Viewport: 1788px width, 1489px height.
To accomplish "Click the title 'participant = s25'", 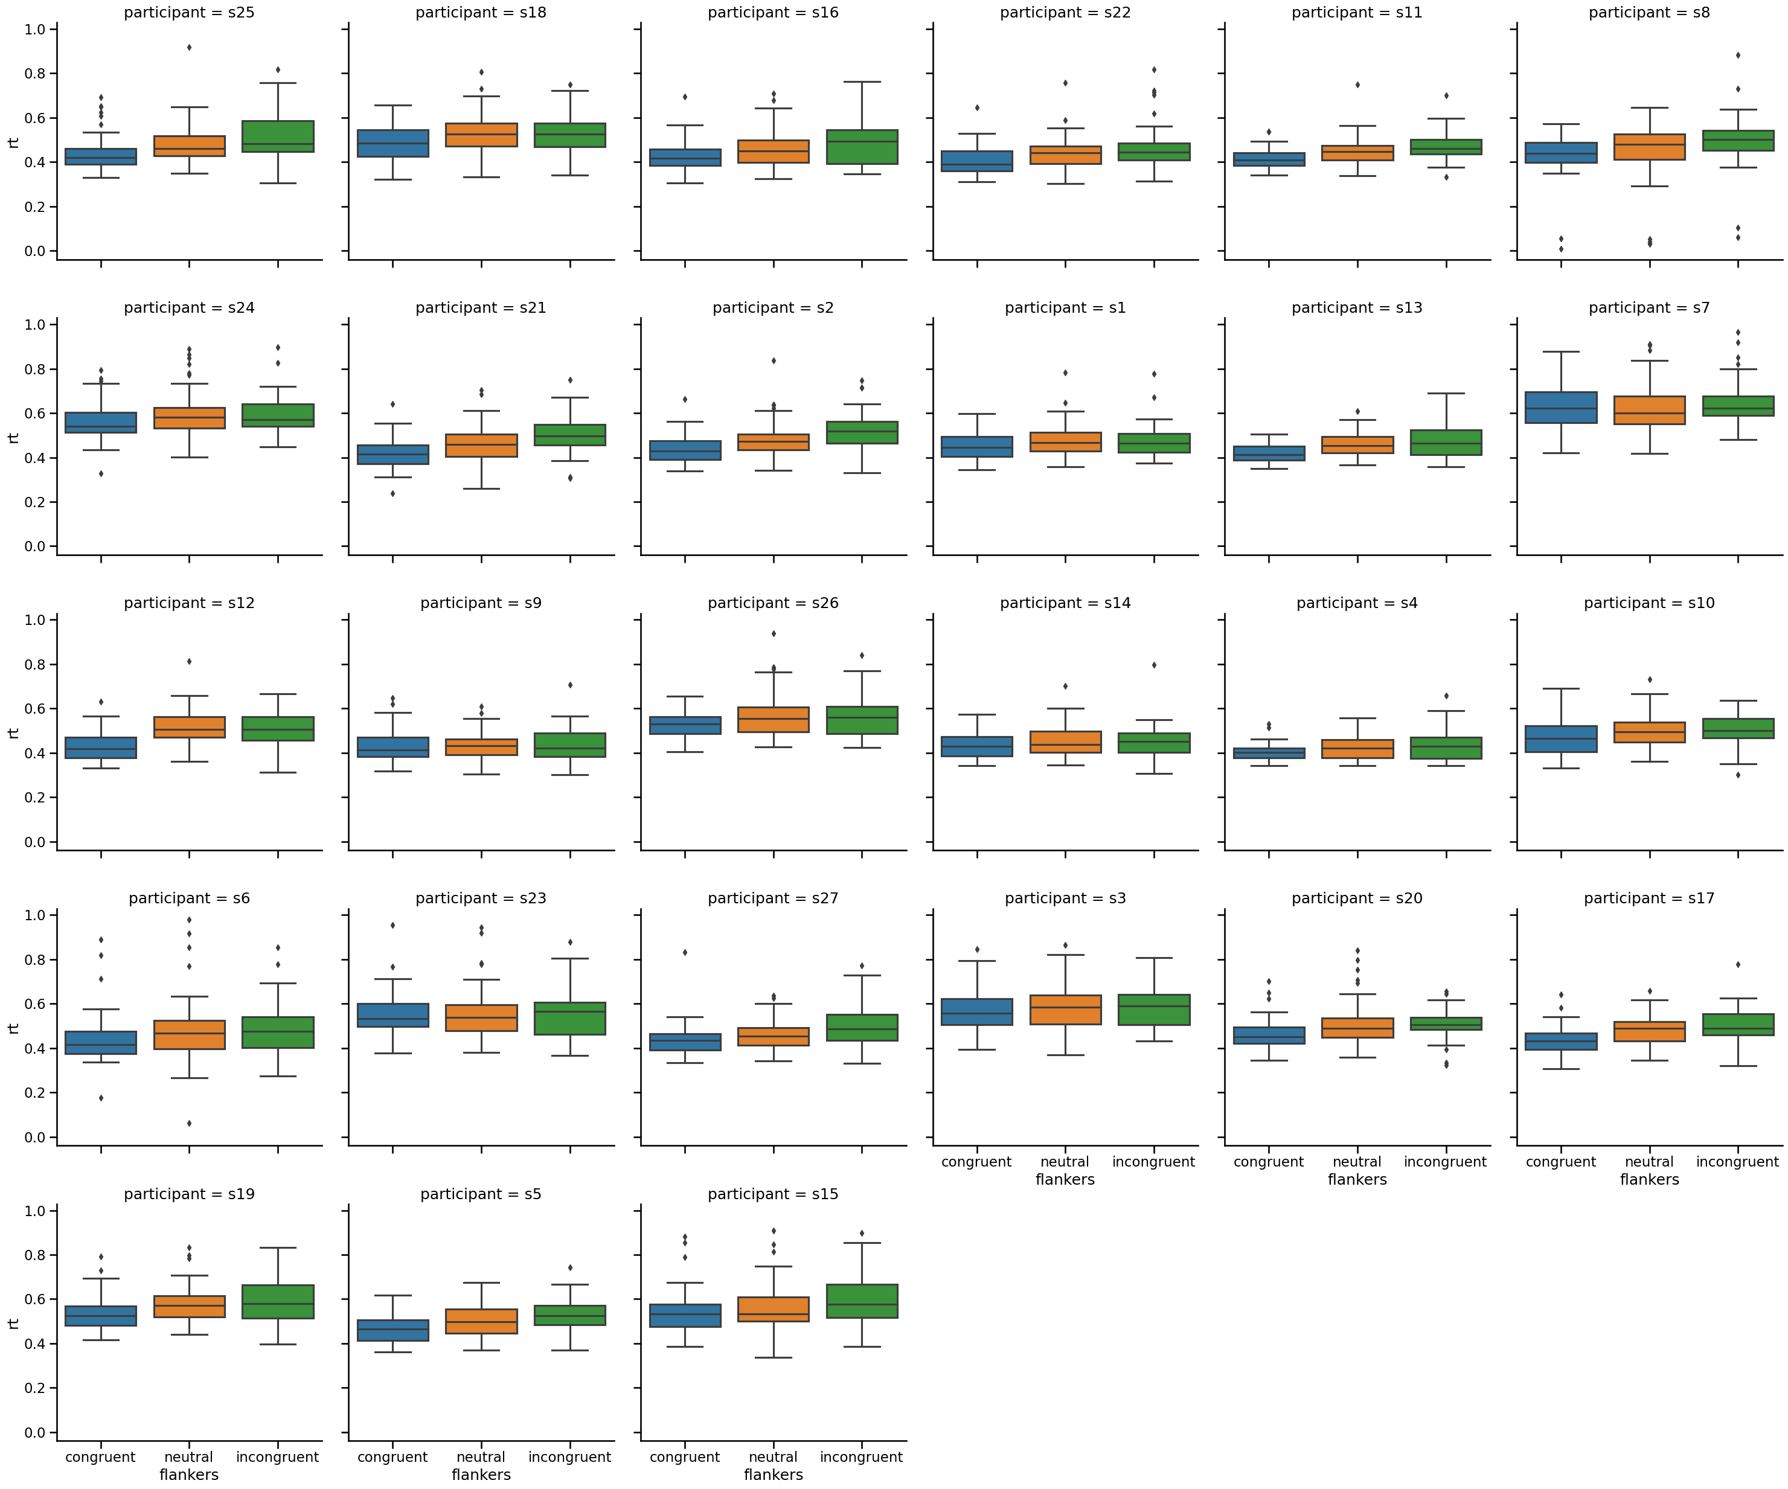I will [x=189, y=13].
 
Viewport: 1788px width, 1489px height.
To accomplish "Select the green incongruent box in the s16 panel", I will [x=862, y=147].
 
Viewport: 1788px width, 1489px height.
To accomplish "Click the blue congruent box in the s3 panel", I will [x=976, y=1011].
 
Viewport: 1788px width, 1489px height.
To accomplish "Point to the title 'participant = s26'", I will [x=773, y=603].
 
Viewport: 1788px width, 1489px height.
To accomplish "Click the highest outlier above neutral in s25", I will [x=189, y=48].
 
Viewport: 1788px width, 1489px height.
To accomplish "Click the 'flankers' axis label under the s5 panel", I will [x=481, y=1475].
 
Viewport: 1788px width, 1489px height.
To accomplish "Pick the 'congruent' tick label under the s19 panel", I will [x=100, y=1456].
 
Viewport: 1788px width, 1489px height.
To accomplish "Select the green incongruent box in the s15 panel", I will [x=862, y=1301].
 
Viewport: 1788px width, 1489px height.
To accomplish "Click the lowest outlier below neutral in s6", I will [x=189, y=1124].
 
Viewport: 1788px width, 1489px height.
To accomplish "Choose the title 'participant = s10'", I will [x=1649, y=603].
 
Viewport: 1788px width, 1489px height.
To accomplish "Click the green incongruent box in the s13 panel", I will [x=1446, y=443].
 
